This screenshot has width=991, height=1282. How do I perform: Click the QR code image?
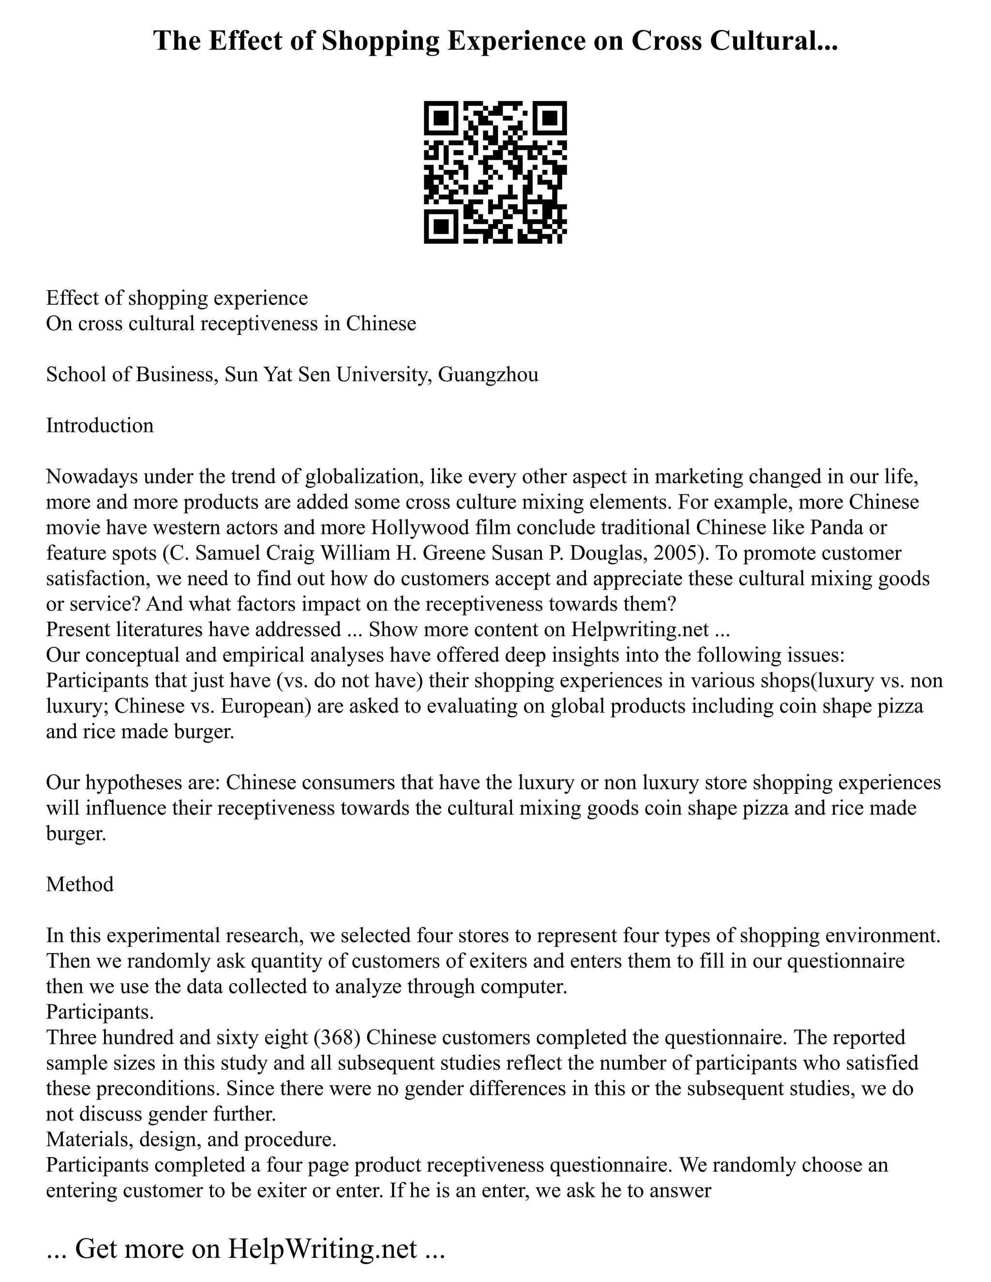[495, 172]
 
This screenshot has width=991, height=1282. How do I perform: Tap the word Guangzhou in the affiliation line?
[488, 374]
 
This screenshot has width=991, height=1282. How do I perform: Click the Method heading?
[80, 884]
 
